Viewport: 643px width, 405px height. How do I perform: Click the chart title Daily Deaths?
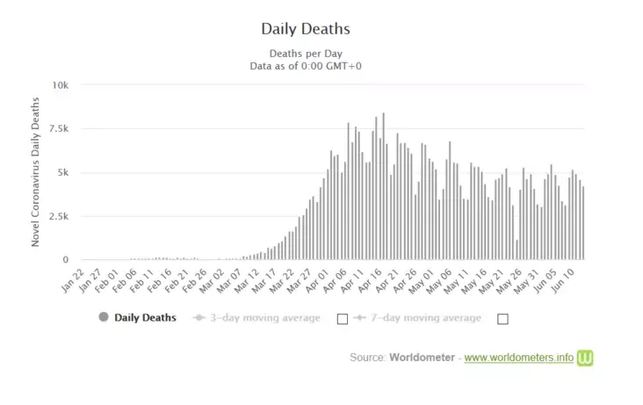coord(306,29)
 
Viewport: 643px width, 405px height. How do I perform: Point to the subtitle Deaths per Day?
coord(306,52)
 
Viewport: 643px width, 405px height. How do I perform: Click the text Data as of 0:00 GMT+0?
coord(306,65)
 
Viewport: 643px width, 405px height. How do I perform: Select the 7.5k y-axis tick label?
coord(58,129)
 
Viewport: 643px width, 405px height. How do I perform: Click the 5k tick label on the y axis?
coord(62,173)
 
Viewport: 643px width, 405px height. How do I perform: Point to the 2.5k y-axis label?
coord(58,216)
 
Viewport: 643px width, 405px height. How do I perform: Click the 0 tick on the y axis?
coord(65,260)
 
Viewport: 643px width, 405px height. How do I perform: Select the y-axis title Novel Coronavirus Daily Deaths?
coord(36,173)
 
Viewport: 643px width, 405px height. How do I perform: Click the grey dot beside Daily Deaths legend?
coord(105,317)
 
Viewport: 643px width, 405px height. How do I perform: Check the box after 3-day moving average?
coord(343,318)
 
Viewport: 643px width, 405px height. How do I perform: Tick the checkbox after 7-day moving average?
coord(502,319)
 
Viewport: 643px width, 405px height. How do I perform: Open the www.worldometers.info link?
coord(518,358)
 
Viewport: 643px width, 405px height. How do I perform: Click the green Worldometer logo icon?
coord(585,358)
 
